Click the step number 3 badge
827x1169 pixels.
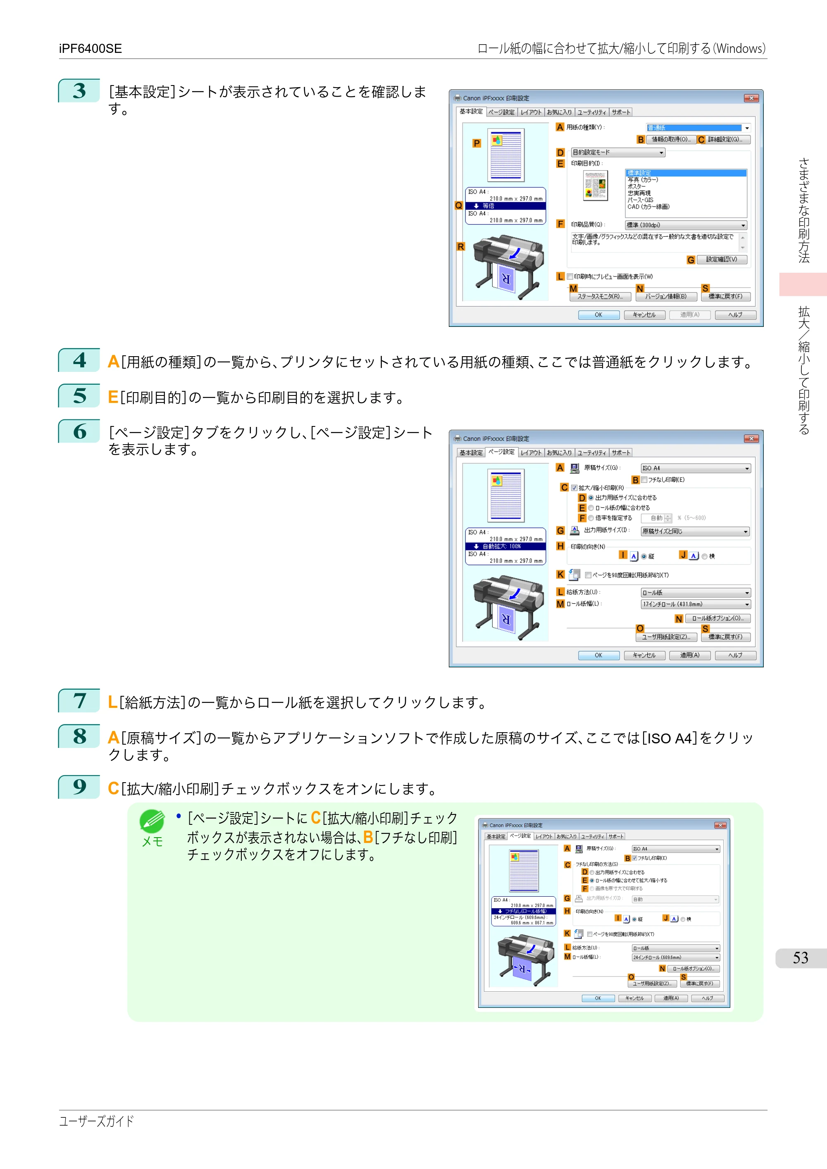click(79, 90)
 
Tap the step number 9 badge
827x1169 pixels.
click(79, 787)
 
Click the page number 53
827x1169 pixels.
click(800, 958)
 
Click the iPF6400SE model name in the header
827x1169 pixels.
click(90, 48)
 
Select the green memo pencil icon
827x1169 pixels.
click(152, 821)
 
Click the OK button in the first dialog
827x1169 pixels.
click(598, 314)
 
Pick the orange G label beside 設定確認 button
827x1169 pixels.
click(691, 260)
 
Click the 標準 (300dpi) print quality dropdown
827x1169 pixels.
click(686, 225)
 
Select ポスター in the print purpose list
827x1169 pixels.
click(636, 186)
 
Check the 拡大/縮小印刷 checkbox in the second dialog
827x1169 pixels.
click(574, 488)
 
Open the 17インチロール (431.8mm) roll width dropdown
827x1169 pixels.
click(695, 605)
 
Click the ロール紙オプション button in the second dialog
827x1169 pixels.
click(717, 619)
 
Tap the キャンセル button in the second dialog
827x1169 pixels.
click(644, 655)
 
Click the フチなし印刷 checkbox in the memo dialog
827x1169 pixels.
click(634, 858)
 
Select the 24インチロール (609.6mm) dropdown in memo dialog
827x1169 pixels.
click(675, 957)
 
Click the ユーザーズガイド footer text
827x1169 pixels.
click(96, 1121)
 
